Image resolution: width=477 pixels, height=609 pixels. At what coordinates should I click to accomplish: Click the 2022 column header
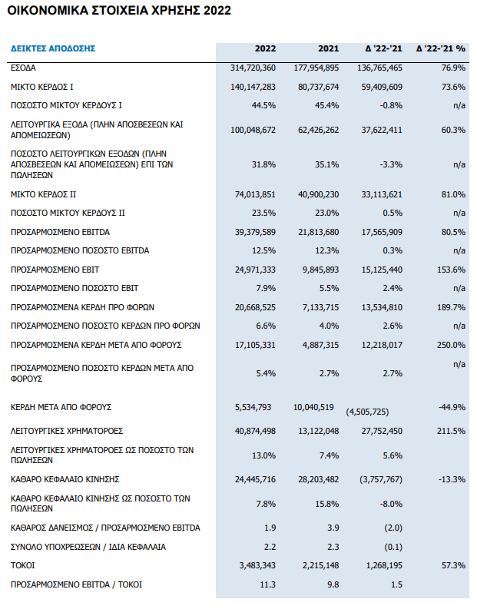(x=265, y=48)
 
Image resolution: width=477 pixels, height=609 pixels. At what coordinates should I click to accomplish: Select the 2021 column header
(x=329, y=48)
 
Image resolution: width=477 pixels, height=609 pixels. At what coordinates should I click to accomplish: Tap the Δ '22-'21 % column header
(x=440, y=48)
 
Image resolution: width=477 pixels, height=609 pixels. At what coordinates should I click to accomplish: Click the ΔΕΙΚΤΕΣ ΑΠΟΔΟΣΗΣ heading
(x=53, y=48)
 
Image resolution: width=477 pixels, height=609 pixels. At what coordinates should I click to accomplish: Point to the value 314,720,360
(x=253, y=68)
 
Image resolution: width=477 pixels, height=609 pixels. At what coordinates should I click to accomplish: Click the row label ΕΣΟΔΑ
(x=23, y=68)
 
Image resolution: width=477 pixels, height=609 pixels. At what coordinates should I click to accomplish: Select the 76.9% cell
(x=453, y=68)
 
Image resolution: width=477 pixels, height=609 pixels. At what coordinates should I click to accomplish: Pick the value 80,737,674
(x=319, y=87)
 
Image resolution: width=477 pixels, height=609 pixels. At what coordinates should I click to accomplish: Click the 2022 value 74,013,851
(x=255, y=194)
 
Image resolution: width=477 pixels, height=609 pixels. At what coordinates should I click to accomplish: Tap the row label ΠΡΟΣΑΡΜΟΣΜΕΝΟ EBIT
(x=55, y=270)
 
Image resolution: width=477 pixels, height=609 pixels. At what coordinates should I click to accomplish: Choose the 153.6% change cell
(x=451, y=270)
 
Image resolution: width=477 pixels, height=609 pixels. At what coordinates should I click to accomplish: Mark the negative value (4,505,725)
(x=367, y=412)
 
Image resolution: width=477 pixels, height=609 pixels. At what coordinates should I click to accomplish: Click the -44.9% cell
(x=452, y=407)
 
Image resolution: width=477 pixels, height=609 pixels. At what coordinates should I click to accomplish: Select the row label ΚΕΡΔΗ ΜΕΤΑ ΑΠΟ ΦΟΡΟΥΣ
(x=61, y=407)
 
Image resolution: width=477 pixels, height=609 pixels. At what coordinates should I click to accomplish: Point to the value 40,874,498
(x=255, y=431)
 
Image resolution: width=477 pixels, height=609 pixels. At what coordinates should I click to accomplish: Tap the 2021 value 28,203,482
(x=319, y=479)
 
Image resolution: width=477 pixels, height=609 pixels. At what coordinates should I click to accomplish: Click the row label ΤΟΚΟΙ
(x=22, y=565)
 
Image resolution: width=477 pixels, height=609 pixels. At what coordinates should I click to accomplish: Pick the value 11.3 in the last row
(x=267, y=584)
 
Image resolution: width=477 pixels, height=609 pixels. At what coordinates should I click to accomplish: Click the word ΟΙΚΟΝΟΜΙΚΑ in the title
(x=48, y=10)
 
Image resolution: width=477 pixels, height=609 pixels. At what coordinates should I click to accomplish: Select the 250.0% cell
(x=451, y=345)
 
